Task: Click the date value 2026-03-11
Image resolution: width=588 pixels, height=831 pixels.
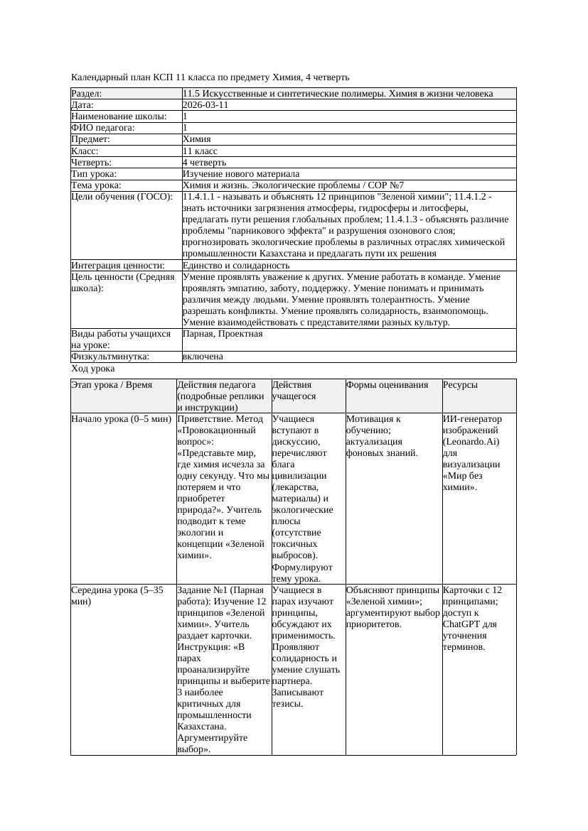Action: [205, 104]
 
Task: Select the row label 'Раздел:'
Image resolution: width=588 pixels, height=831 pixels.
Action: [87, 93]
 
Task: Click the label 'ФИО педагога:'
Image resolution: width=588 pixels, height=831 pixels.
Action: [103, 128]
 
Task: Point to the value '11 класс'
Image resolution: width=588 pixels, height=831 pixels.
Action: [200, 151]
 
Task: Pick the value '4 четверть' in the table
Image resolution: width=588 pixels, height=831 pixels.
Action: [204, 162]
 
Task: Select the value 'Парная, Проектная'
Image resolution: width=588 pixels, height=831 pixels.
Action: [223, 333]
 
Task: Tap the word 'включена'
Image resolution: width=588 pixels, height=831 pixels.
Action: [203, 357]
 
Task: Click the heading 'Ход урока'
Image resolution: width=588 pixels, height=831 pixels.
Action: [93, 369]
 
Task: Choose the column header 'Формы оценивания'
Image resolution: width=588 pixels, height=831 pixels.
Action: [387, 385]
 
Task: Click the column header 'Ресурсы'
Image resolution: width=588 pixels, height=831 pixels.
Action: [460, 385]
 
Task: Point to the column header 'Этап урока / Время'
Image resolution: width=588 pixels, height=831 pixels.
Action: [112, 385]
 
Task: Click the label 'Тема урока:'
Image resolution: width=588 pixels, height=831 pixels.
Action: [97, 185]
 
